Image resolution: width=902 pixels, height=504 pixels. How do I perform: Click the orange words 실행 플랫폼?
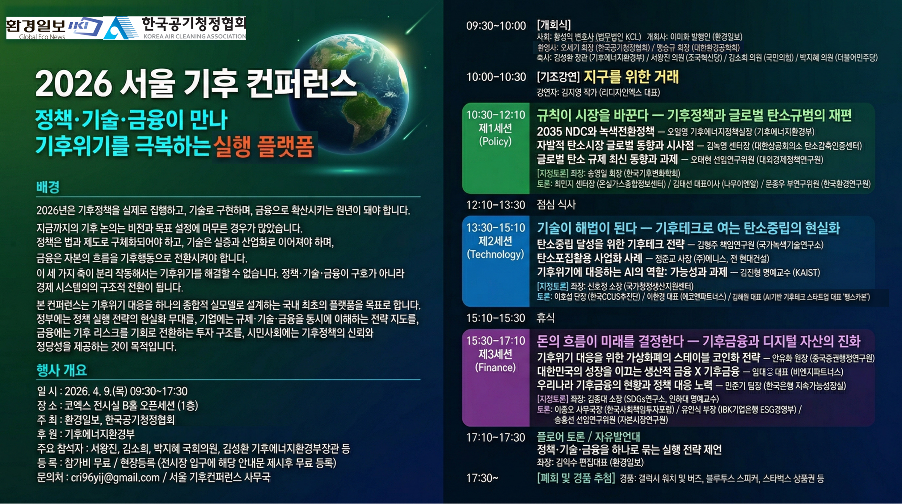pyautogui.click(x=264, y=147)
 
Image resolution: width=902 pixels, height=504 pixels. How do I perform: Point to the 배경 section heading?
pyautogui.click(x=48, y=187)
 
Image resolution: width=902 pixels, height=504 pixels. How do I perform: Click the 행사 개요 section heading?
pyautogui.click(x=62, y=370)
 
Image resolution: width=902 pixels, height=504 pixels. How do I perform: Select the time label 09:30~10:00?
pyautogui.click(x=496, y=26)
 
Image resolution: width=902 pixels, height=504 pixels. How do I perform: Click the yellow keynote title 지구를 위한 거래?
pyautogui.click(x=631, y=77)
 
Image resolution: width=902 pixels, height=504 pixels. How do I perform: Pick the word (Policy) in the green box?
pyautogui.click(x=495, y=141)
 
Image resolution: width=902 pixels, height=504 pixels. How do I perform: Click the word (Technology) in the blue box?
pyautogui.click(x=495, y=254)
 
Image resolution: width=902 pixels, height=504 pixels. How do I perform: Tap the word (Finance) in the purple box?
pyautogui.click(x=495, y=368)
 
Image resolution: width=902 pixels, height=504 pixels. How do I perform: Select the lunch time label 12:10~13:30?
pyautogui.click(x=496, y=205)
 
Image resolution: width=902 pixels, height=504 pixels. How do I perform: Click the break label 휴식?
pyautogui.click(x=546, y=318)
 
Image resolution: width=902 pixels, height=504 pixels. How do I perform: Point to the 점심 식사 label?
pyautogui.click(x=556, y=204)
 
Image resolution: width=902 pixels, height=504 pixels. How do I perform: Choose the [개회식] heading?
pyautogui.click(x=554, y=24)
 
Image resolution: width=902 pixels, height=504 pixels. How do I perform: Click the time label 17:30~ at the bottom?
pyautogui.click(x=482, y=478)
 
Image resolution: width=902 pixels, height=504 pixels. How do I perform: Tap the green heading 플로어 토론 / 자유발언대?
pyautogui.click(x=588, y=436)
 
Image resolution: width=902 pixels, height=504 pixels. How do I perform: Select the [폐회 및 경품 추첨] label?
pyautogui.click(x=576, y=478)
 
